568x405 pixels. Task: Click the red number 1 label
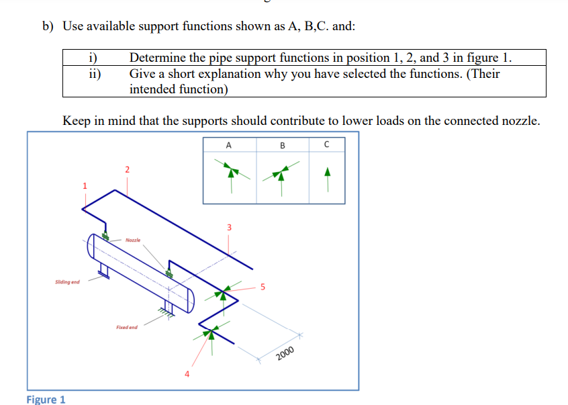85,185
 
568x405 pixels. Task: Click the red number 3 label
229,227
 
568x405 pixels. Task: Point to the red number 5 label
263,287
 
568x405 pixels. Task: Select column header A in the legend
229,144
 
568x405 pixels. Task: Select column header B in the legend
282,144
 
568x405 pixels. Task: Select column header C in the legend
327,144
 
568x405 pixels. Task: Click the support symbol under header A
230,173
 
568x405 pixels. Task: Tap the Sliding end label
67,282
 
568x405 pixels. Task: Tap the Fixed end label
126,327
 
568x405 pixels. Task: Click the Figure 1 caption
46,400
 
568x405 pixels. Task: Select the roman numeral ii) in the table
95,74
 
